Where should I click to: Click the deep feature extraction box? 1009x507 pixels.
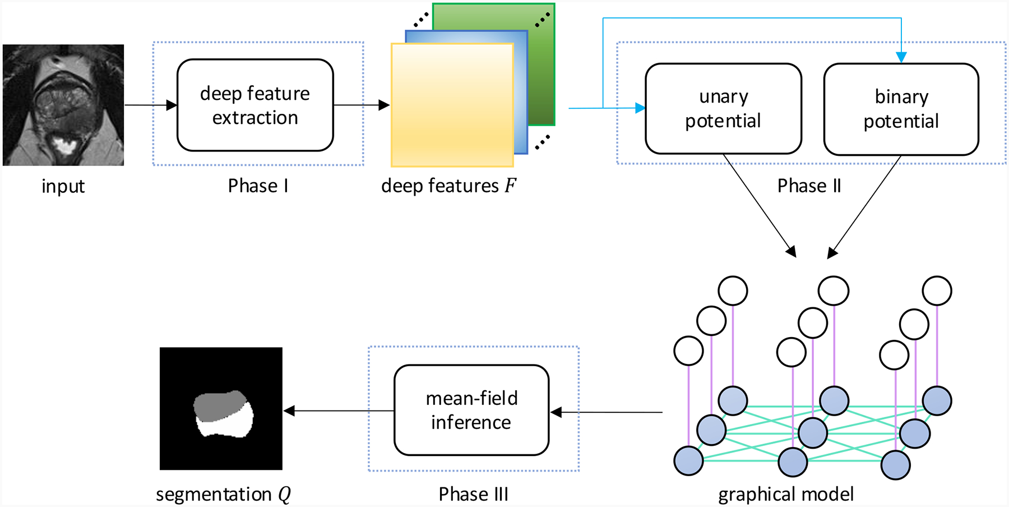255,105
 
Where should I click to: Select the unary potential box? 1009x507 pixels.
723,109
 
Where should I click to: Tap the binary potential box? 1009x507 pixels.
901,109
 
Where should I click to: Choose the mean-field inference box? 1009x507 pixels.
471,410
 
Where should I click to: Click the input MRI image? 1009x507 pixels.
63,105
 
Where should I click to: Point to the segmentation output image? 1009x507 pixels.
221,408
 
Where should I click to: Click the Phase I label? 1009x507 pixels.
258,186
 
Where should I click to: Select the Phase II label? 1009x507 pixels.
809,186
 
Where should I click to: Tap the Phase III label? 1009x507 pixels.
473,494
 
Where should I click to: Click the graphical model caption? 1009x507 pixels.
786,494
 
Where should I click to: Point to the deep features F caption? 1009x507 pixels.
448,186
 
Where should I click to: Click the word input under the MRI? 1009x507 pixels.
63,186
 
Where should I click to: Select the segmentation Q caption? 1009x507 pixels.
223,494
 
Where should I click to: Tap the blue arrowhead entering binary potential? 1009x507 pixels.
901,57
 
